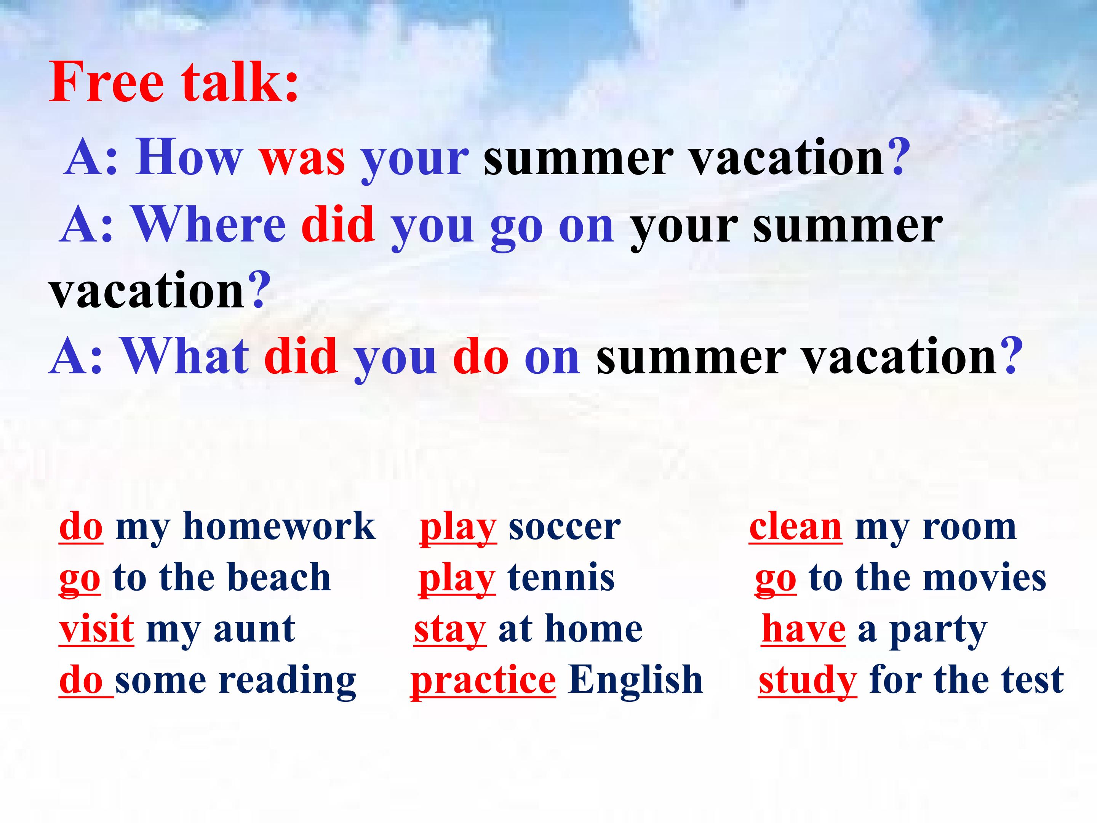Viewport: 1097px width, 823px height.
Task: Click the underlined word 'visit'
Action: coord(96,629)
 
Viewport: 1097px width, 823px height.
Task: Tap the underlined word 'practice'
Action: coord(483,680)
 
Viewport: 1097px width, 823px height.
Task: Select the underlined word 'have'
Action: coord(803,629)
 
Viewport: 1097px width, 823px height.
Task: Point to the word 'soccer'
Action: coord(564,528)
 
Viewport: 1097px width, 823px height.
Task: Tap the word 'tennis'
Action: coord(561,578)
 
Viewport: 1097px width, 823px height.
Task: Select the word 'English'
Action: coord(636,680)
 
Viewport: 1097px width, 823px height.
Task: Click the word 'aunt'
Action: coord(254,629)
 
